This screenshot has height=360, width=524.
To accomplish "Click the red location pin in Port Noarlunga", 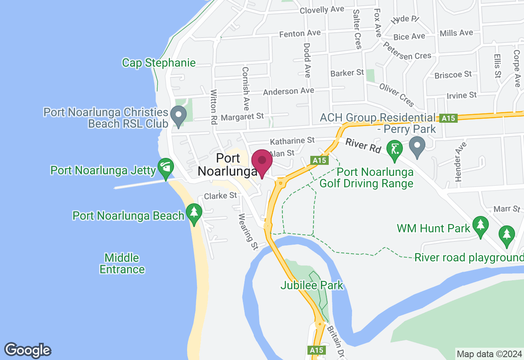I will pyautogui.click(x=262, y=162).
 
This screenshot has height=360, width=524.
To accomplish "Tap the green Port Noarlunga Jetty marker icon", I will pyautogui.click(x=166, y=168).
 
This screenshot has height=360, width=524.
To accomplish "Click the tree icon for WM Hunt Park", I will pyautogui.click(x=480, y=226).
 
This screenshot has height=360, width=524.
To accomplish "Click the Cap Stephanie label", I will pyautogui.click(x=159, y=63).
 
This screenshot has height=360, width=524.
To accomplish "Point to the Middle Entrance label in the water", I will pyautogui.click(x=122, y=263).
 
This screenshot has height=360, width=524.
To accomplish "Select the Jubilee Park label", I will pyautogui.click(x=312, y=285).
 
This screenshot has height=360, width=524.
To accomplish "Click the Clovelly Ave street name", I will pyautogui.click(x=322, y=10).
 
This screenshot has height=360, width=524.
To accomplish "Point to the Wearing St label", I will pyautogui.click(x=248, y=232).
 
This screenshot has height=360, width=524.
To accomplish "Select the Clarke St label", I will pyautogui.click(x=221, y=196).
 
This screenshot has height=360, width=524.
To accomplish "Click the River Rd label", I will pyautogui.click(x=364, y=146).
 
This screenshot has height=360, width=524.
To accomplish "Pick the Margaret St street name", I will pyautogui.click(x=242, y=117).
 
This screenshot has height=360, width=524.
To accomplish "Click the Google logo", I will pyautogui.click(x=27, y=350).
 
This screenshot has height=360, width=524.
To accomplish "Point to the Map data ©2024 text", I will pyautogui.click(x=489, y=354).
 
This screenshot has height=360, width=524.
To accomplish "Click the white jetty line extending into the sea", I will pyautogui.click(x=139, y=184).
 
